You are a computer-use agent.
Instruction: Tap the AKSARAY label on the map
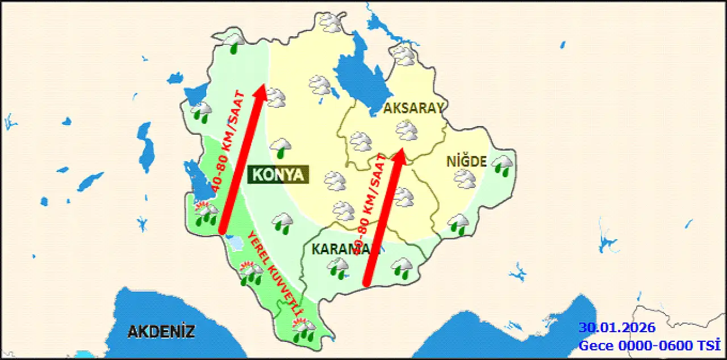coord(413,108)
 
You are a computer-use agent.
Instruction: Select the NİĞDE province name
coord(466,162)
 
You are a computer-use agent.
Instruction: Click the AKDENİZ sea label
coord(161,332)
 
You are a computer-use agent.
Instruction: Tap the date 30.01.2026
coord(617,328)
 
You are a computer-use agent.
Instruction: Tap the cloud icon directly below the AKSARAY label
coord(407,130)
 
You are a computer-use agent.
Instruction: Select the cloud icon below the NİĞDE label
coord(465,179)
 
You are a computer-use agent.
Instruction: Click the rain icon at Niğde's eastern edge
coord(503,165)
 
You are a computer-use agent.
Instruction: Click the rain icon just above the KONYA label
coord(281,148)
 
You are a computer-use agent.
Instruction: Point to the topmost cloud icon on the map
coord(331,22)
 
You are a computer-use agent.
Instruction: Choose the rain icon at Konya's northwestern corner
coord(233,42)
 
